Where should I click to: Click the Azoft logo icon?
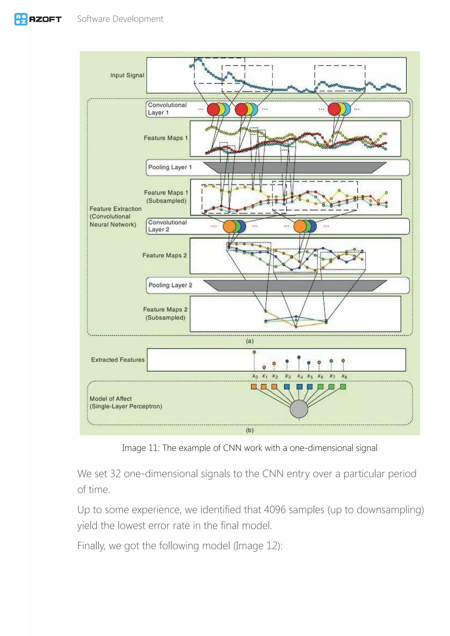point(21,19)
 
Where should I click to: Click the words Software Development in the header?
point(120,19)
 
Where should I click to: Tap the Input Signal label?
point(127,75)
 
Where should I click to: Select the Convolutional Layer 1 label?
point(167,108)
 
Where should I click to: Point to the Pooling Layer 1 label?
point(170,167)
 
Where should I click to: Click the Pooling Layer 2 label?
point(170,285)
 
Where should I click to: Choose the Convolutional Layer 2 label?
point(167,226)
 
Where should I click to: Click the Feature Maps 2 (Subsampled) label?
point(165,313)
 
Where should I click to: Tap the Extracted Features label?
point(118,360)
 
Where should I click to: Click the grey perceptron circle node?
point(299,408)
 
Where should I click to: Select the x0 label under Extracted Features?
point(255,376)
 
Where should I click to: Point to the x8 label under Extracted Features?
point(344,376)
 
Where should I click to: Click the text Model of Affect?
point(111,398)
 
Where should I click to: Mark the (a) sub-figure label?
point(250,341)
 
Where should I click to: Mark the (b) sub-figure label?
point(250,430)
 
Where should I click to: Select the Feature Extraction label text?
point(115,209)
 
